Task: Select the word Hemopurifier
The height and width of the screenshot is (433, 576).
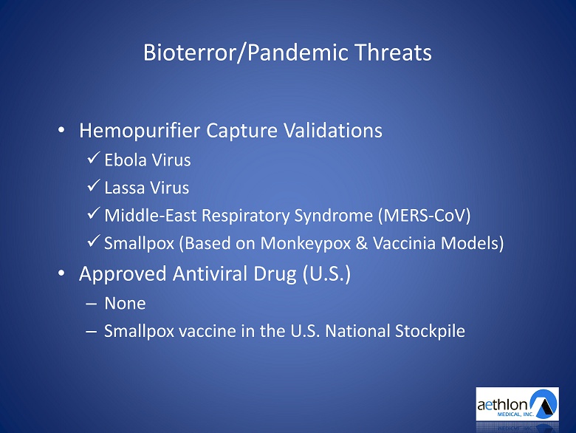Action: pyautogui.click(x=140, y=131)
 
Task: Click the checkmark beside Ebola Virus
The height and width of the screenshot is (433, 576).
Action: pyautogui.click(x=94, y=157)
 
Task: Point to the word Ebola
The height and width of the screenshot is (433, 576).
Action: pyautogui.click(x=126, y=160)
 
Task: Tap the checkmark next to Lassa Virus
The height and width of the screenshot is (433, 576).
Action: pyautogui.click(x=94, y=185)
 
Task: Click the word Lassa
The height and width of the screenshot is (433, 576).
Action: pyautogui.click(x=125, y=188)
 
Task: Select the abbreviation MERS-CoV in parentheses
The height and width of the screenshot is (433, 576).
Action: pyautogui.click(x=425, y=216)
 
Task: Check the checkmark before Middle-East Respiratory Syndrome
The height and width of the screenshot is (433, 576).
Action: pyautogui.click(x=94, y=213)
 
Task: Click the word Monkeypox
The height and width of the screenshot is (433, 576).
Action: pyautogui.click(x=306, y=243)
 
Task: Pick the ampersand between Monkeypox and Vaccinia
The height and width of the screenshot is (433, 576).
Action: pyautogui.click(x=362, y=243)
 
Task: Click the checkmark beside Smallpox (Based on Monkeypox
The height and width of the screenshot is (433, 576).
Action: pyautogui.click(x=94, y=241)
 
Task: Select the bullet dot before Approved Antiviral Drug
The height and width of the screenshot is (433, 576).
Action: pyautogui.click(x=61, y=273)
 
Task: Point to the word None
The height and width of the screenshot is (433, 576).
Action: pyautogui.click(x=126, y=303)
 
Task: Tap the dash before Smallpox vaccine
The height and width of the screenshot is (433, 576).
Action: pyautogui.click(x=91, y=332)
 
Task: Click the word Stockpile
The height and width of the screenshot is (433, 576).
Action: pyautogui.click(x=430, y=331)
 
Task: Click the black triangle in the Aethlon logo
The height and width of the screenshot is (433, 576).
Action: pyautogui.click(x=544, y=406)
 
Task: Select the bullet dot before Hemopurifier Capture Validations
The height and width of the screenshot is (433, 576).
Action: pyautogui.click(x=61, y=130)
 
